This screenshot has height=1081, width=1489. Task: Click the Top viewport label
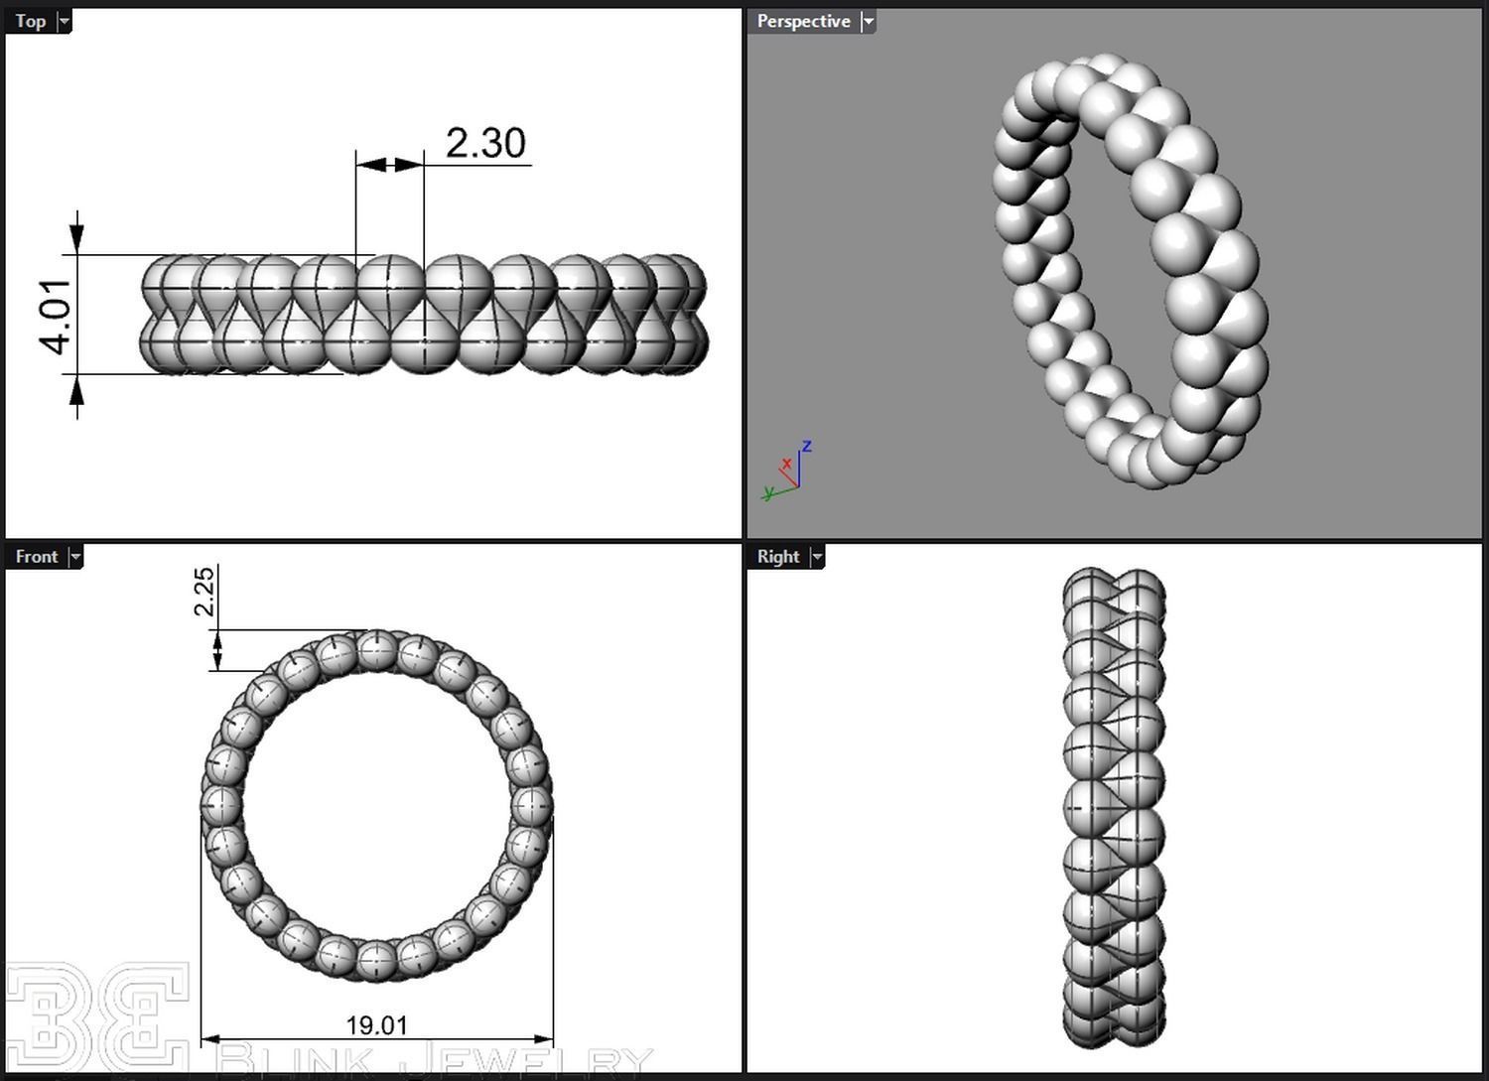coord(31,21)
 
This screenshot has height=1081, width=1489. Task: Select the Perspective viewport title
coord(803,21)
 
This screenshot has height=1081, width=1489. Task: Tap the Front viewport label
coord(37,557)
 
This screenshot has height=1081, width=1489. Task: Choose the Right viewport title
coord(778,557)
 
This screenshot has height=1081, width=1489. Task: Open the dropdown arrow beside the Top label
coord(65,21)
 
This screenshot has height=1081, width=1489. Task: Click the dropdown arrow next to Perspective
coord(868,21)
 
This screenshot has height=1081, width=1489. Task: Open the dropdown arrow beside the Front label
coord(75,557)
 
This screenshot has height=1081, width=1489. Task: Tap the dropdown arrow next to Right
coord(817,557)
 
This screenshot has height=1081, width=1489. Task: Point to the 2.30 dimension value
coord(485,143)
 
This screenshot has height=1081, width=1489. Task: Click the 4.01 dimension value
coord(58,316)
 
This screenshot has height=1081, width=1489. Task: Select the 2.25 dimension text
coord(203,591)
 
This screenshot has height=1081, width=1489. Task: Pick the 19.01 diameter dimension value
coord(376,1024)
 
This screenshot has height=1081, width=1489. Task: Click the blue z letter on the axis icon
coord(807,447)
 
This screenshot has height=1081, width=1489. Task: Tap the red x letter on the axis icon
coord(786,464)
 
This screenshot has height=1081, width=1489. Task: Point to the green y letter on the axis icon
coord(767,492)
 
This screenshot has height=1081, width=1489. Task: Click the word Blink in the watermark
coord(293,1062)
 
